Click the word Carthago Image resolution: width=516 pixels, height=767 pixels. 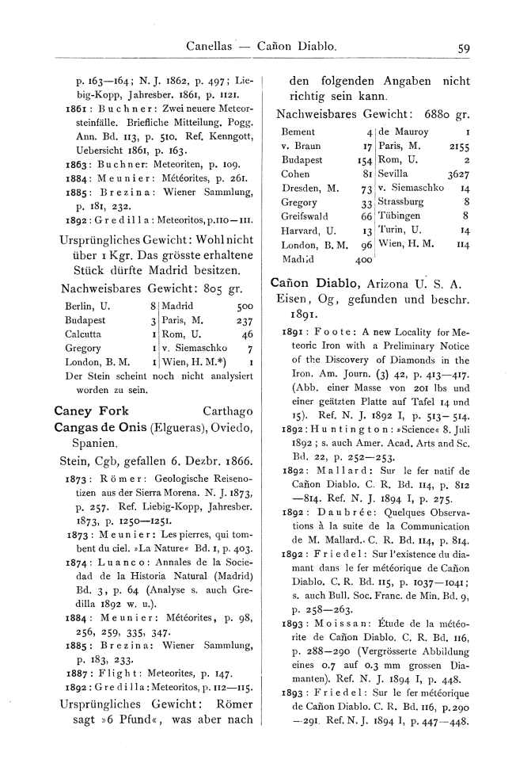228,411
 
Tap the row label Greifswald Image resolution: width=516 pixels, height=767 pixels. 304,216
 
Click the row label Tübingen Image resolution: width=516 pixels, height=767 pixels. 402,216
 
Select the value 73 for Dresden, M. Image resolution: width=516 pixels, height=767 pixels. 366,189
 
